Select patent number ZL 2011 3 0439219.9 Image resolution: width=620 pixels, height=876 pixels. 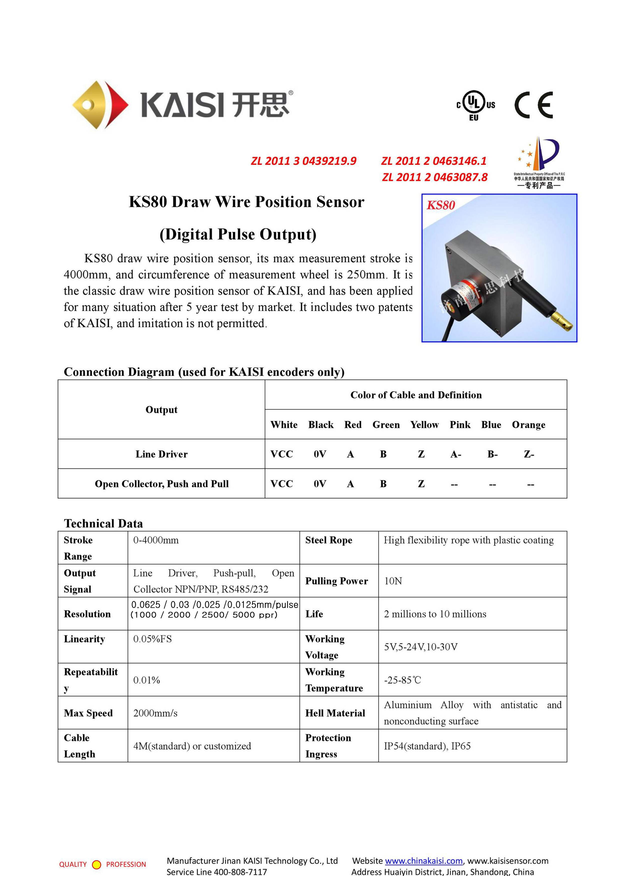[304, 161]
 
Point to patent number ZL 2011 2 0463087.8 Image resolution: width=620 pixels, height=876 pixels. [435, 177]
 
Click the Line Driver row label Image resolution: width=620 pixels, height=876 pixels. [161, 454]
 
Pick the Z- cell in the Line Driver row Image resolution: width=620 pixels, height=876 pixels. [529, 454]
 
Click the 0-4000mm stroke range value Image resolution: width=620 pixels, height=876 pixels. [156, 540]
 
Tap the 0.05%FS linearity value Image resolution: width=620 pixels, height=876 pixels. [152, 639]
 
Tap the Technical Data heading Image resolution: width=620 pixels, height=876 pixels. [103, 523]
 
